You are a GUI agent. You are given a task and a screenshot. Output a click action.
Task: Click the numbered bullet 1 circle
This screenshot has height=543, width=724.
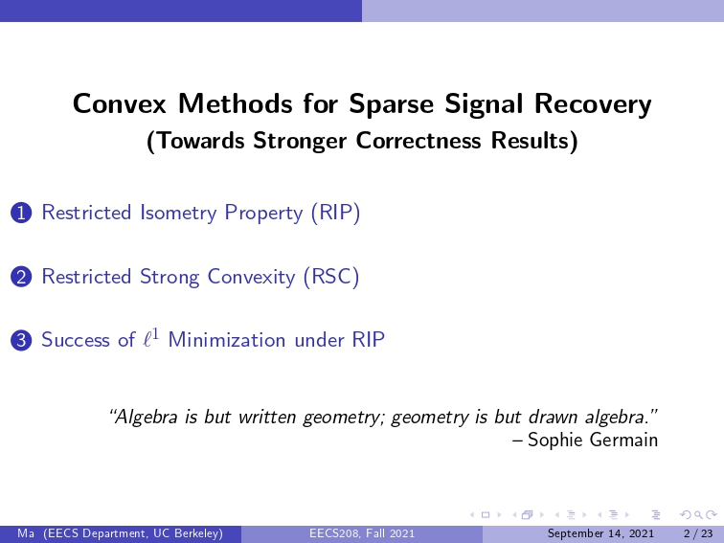pyautogui.click(x=21, y=214)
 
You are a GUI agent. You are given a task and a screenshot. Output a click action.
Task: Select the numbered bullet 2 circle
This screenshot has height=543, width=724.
pyautogui.click(x=21, y=277)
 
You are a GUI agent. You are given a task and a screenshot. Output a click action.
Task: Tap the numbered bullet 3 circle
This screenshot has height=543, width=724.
pyautogui.click(x=21, y=341)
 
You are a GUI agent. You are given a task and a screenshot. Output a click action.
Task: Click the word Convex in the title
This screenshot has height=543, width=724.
pyautogui.click(x=119, y=103)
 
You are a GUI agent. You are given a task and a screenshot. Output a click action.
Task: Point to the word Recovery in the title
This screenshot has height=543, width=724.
pyautogui.click(x=593, y=104)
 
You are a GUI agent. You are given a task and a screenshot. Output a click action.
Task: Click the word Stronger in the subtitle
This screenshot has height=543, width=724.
pyautogui.click(x=300, y=141)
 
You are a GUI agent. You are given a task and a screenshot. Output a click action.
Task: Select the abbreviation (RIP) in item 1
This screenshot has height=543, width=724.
pyautogui.click(x=336, y=213)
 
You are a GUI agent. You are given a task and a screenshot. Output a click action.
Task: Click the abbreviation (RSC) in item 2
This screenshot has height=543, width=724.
pyautogui.click(x=331, y=277)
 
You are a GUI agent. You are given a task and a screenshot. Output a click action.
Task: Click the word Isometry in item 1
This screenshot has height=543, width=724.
pyautogui.click(x=178, y=213)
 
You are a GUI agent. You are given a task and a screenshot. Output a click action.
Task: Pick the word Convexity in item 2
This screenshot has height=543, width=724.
pyautogui.click(x=251, y=277)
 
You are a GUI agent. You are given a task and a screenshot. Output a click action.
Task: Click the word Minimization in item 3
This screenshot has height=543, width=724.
pyautogui.click(x=227, y=340)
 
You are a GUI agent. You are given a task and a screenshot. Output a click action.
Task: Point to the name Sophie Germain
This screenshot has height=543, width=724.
pyautogui.click(x=593, y=440)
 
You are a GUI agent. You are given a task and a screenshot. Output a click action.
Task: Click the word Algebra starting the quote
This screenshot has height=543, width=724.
pyautogui.click(x=144, y=417)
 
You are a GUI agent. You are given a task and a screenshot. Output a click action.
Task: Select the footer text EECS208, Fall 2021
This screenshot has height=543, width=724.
pyautogui.click(x=362, y=533)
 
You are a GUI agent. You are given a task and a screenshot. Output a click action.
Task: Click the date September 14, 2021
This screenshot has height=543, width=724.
pyautogui.click(x=600, y=533)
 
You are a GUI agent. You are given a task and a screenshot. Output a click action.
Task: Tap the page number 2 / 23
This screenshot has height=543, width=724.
pyautogui.click(x=698, y=533)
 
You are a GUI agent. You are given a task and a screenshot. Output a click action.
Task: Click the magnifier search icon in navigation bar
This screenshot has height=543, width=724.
pyautogui.click(x=698, y=514)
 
